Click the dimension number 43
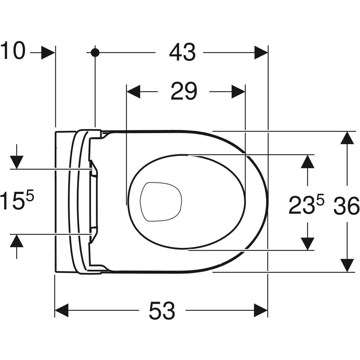pyautogui.click(x=182, y=52)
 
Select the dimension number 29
pyautogui.click(x=184, y=91)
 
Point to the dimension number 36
pyautogui.click(x=346, y=206)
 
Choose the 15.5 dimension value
pyautogui.click(x=16, y=201)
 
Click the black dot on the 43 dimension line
pyautogui.click(x=95, y=52)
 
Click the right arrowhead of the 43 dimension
pyautogui.click(x=261, y=53)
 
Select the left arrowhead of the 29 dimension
pyautogui.click(x=133, y=91)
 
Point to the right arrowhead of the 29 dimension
pyautogui.click(x=238, y=91)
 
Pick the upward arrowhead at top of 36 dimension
pyautogui.click(x=347, y=138)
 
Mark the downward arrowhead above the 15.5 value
pyautogui.click(x=16, y=162)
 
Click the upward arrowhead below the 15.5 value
pyautogui.click(x=16, y=241)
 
